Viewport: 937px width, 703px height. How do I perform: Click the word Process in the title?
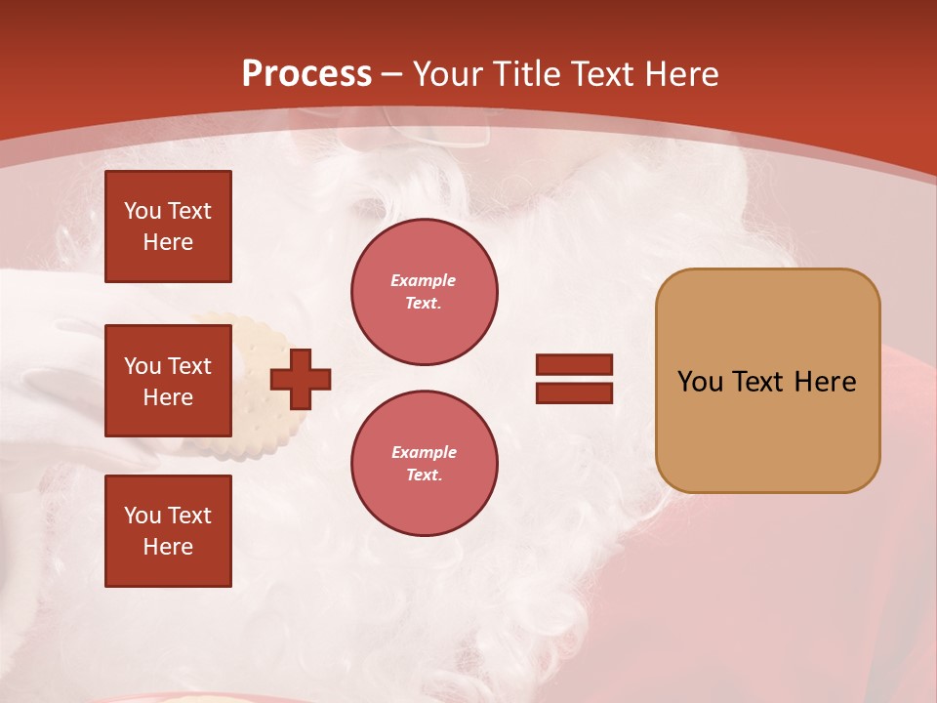pyautogui.click(x=306, y=73)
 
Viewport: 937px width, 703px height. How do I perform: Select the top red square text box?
pyautogui.click(x=168, y=227)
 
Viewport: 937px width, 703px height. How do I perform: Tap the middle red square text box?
pyautogui.click(x=168, y=381)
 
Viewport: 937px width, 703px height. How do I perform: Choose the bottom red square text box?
pyautogui.click(x=168, y=531)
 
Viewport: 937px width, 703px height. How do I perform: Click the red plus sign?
pyautogui.click(x=301, y=379)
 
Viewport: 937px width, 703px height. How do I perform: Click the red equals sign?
pyautogui.click(x=574, y=379)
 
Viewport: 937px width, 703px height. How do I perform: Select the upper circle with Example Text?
pyautogui.click(x=425, y=292)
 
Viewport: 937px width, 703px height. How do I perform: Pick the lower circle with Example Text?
pyautogui.click(x=425, y=464)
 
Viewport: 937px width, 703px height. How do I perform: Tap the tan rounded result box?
pyautogui.click(x=767, y=381)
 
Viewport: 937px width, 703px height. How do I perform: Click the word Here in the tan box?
pyautogui.click(x=825, y=382)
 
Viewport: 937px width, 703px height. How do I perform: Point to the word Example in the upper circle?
pyautogui.click(x=424, y=280)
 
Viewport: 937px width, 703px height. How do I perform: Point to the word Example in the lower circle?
pyautogui.click(x=424, y=452)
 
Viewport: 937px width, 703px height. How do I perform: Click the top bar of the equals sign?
pyautogui.click(x=574, y=365)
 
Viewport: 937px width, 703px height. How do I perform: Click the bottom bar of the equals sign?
pyautogui.click(x=574, y=393)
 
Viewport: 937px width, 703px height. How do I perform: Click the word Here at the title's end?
pyautogui.click(x=686, y=73)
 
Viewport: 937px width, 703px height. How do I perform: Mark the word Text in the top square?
pyautogui.click(x=188, y=211)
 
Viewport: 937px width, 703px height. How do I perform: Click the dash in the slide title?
pyautogui.click(x=392, y=75)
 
